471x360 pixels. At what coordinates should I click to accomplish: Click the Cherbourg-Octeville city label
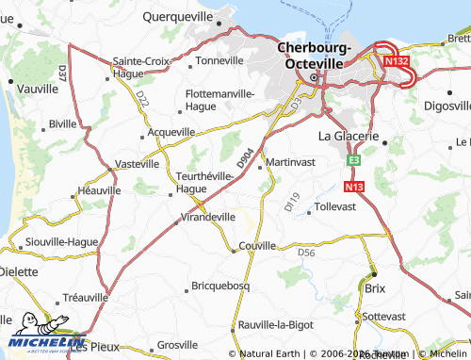pos(313,56)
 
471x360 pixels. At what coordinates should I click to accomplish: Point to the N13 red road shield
pos(354,187)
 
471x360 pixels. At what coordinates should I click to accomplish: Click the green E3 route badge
pos(353,161)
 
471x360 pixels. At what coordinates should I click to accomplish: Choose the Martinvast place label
pos(293,163)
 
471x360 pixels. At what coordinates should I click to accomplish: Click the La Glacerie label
pos(348,136)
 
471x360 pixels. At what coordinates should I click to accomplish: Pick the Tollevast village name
pos(336,205)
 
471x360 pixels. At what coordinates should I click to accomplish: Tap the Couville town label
pos(257,246)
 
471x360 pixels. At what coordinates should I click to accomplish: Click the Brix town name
pos(376,286)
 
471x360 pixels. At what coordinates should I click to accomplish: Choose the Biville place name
pos(62,123)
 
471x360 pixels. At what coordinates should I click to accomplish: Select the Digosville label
pos(444,106)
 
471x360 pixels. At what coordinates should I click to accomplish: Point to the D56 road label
pos(305,253)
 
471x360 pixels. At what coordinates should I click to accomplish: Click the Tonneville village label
pos(219,61)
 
